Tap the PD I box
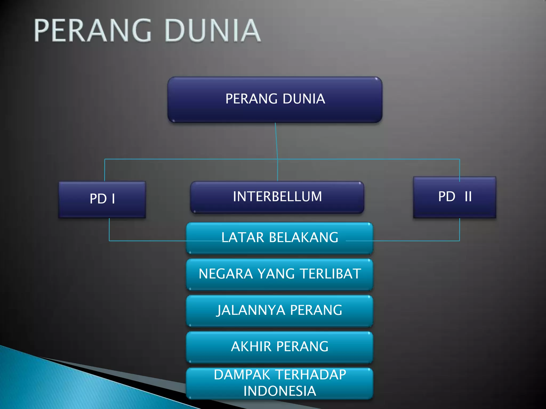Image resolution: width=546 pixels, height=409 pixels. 102,199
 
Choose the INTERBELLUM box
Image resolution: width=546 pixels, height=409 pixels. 277,197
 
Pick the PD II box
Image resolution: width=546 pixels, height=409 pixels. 455,197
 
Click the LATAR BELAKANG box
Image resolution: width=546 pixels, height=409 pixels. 279,238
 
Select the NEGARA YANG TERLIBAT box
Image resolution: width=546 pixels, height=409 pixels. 279,274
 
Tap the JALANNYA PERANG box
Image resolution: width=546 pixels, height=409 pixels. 279,310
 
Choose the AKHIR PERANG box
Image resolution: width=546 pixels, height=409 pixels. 279,347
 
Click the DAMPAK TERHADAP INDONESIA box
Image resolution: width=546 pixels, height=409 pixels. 279,383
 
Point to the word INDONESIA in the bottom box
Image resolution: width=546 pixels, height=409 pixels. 279,391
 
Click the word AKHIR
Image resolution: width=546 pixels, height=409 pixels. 251,347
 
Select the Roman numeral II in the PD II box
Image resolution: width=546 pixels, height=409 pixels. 468,197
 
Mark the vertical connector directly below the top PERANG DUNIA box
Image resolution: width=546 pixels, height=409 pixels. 276,141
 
